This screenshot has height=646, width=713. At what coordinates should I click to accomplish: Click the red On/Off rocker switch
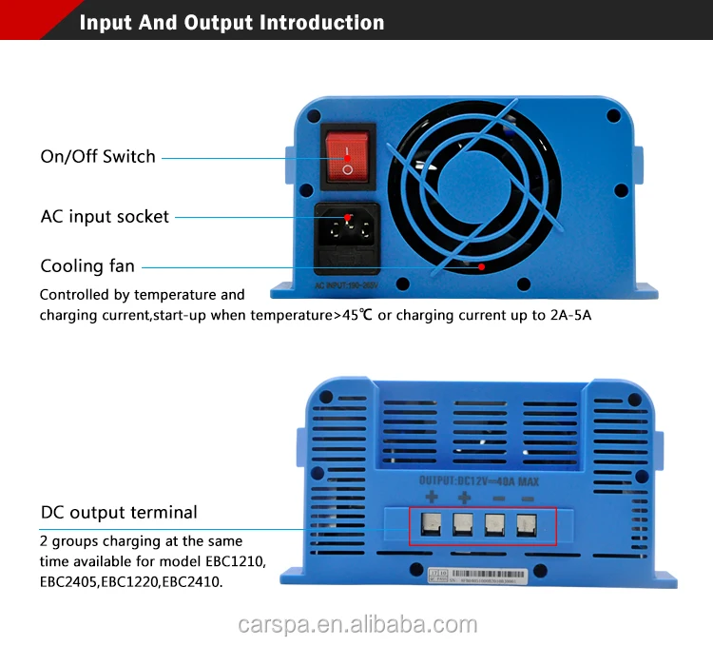[347, 157]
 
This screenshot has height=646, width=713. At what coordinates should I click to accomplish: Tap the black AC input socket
[347, 233]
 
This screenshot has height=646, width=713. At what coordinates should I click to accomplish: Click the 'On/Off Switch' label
[98, 157]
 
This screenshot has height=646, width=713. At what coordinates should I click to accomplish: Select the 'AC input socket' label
[105, 216]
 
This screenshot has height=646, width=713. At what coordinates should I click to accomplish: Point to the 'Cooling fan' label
[87, 265]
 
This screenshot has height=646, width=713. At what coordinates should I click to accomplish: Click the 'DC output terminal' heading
[119, 512]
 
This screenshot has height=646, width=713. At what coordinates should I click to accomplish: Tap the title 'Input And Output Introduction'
[232, 23]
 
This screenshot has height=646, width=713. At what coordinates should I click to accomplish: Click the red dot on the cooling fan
[481, 266]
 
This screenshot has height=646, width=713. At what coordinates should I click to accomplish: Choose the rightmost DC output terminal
[526, 523]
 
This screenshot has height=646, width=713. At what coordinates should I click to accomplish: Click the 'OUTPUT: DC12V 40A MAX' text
[479, 480]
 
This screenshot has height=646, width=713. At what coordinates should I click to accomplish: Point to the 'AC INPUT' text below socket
[346, 284]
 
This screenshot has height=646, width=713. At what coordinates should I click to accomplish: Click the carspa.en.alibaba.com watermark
[356, 624]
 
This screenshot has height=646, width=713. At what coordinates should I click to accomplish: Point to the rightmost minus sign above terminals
[528, 498]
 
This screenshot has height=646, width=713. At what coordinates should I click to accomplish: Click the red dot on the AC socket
[348, 218]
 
